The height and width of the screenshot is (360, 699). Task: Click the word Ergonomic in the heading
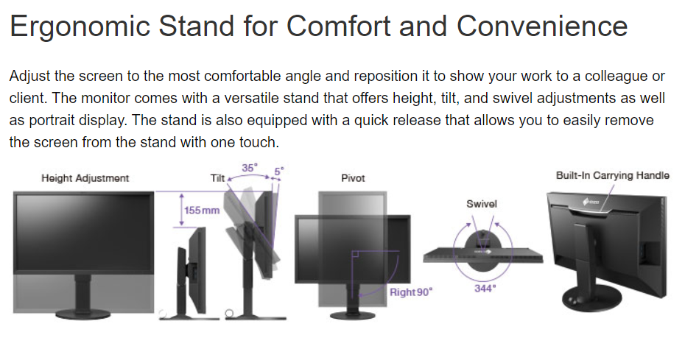(80, 27)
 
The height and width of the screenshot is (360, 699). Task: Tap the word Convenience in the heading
(542, 25)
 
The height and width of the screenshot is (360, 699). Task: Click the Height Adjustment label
(85, 178)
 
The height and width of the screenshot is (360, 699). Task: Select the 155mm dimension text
(202, 210)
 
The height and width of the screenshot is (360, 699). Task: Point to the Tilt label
(217, 178)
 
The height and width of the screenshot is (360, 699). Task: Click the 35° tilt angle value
(250, 168)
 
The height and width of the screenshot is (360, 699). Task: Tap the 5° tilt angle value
(279, 171)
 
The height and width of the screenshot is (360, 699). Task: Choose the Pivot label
(353, 178)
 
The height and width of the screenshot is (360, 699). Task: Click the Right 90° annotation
(411, 292)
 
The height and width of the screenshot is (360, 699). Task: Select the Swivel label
(482, 204)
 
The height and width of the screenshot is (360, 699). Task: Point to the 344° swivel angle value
(485, 289)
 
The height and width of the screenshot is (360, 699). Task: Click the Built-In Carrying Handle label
(613, 175)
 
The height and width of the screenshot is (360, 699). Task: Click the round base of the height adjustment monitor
(83, 313)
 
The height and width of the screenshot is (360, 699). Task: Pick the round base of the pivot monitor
(353, 315)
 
